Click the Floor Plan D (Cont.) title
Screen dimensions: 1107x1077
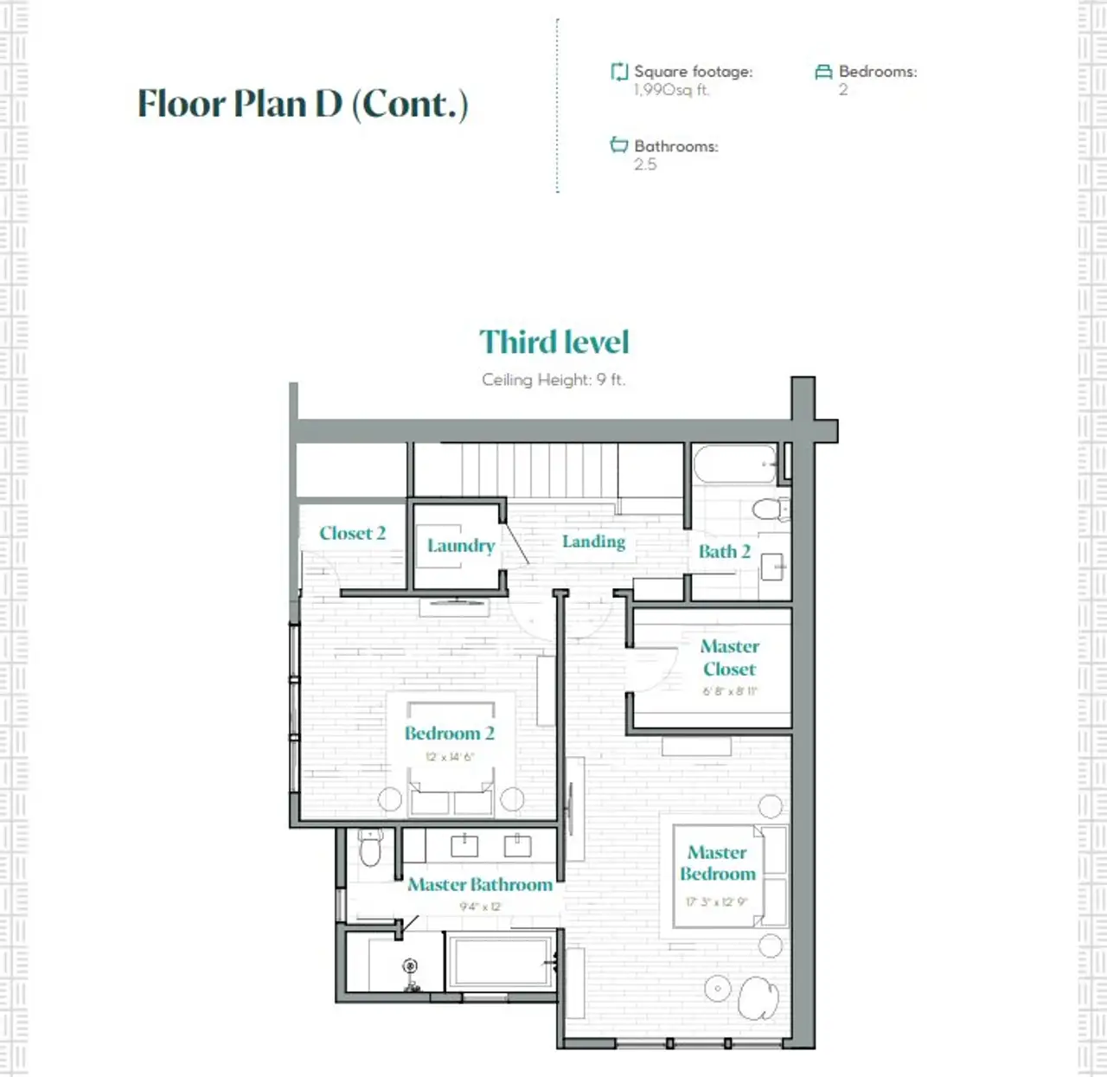[x=303, y=104]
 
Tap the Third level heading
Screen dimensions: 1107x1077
[x=553, y=342]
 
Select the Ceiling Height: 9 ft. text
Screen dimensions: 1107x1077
[x=553, y=380]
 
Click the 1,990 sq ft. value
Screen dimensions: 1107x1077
[x=671, y=90]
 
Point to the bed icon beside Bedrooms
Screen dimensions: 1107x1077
[x=823, y=72]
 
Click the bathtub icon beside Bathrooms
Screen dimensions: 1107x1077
[x=618, y=145]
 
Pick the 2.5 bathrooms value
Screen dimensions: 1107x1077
[x=645, y=164]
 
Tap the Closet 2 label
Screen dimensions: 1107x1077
[x=352, y=533]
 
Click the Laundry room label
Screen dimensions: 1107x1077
[x=461, y=546]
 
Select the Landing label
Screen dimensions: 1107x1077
[x=593, y=542]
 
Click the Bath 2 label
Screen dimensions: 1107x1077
[x=724, y=552]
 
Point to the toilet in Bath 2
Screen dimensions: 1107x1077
[x=769, y=509]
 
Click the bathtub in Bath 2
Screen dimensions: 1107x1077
[x=735, y=465]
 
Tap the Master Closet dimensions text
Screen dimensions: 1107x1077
[x=730, y=691]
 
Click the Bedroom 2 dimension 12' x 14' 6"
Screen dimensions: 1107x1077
[x=450, y=757]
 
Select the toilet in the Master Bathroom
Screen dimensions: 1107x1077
[x=370, y=848]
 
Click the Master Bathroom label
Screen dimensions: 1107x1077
[x=480, y=884]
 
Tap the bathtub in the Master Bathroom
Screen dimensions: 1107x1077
[x=500, y=962]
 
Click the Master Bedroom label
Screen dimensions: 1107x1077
[x=718, y=863]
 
